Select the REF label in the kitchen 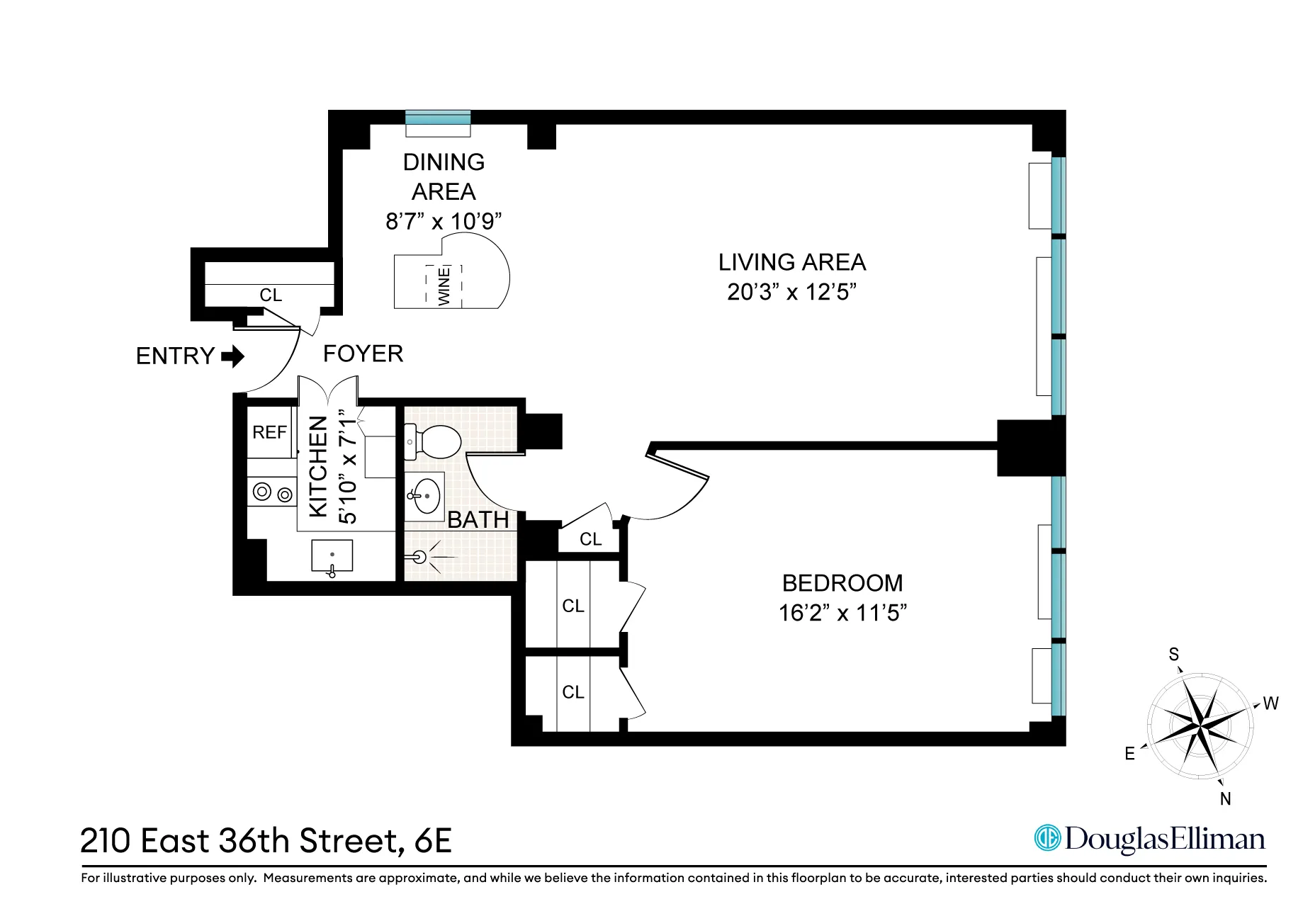point(270,432)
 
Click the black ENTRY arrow point(232,356)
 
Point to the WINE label point(444,286)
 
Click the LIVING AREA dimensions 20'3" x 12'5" point(791,292)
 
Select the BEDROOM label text point(842,583)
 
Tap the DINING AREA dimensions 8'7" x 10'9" point(444,221)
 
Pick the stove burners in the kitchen point(272,492)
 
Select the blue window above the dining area point(438,117)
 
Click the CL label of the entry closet point(271,295)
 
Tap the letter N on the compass point(1226,798)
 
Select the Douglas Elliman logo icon point(1047,838)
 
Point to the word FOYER point(363,354)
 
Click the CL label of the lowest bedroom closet point(573,691)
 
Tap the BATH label point(478,520)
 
